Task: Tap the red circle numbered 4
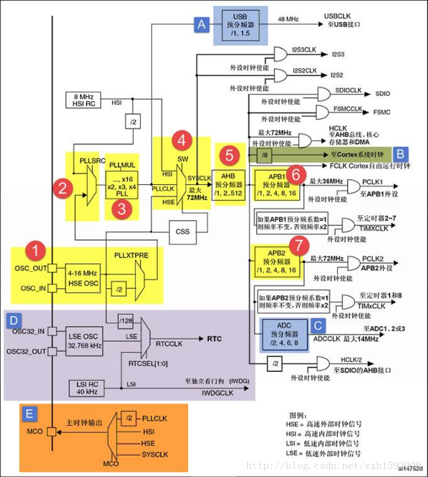point(182,139)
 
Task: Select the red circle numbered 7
point(299,246)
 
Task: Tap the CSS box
point(182,231)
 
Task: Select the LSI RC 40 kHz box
point(85,387)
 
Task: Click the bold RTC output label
point(214,339)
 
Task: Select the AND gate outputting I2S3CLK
point(279,54)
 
